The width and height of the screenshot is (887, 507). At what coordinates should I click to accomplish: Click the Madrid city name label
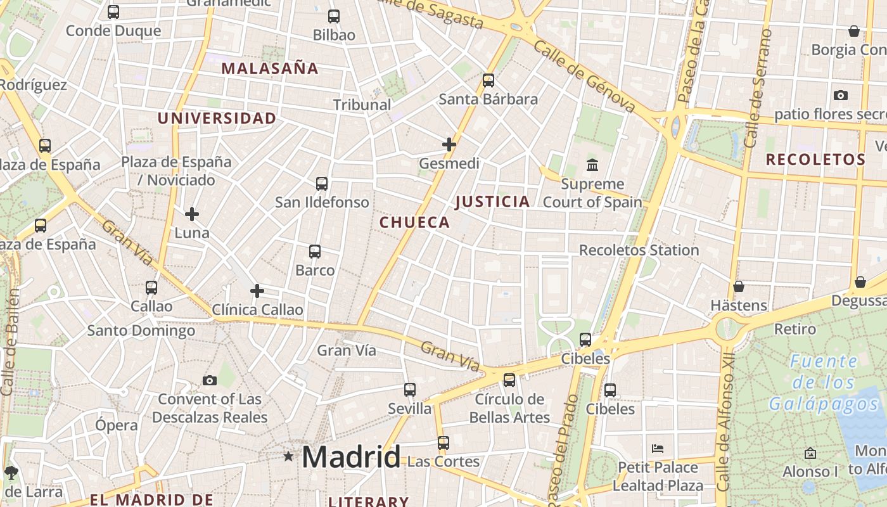click(x=350, y=456)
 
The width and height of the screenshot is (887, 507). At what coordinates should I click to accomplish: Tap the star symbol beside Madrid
click(x=288, y=456)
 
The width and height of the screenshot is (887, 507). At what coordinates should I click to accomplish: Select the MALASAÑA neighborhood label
click(x=270, y=68)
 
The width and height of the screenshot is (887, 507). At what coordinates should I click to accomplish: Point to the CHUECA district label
click(x=414, y=222)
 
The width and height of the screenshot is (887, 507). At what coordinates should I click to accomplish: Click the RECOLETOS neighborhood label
click(x=815, y=159)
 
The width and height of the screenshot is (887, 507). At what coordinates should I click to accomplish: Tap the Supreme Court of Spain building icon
click(x=592, y=165)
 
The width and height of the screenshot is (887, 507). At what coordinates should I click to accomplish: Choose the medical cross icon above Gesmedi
click(x=449, y=144)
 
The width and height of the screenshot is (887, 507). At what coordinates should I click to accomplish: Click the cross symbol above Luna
click(x=192, y=214)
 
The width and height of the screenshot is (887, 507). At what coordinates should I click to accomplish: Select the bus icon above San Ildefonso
click(x=322, y=184)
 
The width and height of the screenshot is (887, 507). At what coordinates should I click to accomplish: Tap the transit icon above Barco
click(x=315, y=252)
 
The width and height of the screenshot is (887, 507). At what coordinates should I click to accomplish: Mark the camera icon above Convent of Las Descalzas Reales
click(x=210, y=380)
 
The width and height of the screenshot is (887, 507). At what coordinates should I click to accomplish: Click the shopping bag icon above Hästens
click(x=739, y=286)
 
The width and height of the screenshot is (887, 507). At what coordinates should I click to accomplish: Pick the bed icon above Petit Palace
click(x=658, y=449)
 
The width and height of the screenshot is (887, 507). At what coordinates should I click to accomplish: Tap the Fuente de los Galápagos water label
click(x=824, y=383)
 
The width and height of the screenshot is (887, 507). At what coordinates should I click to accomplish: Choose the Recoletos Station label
click(x=639, y=250)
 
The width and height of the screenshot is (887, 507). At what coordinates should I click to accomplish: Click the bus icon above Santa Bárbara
click(x=488, y=80)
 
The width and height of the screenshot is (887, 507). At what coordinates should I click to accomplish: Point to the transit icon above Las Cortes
click(x=443, y=442)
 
